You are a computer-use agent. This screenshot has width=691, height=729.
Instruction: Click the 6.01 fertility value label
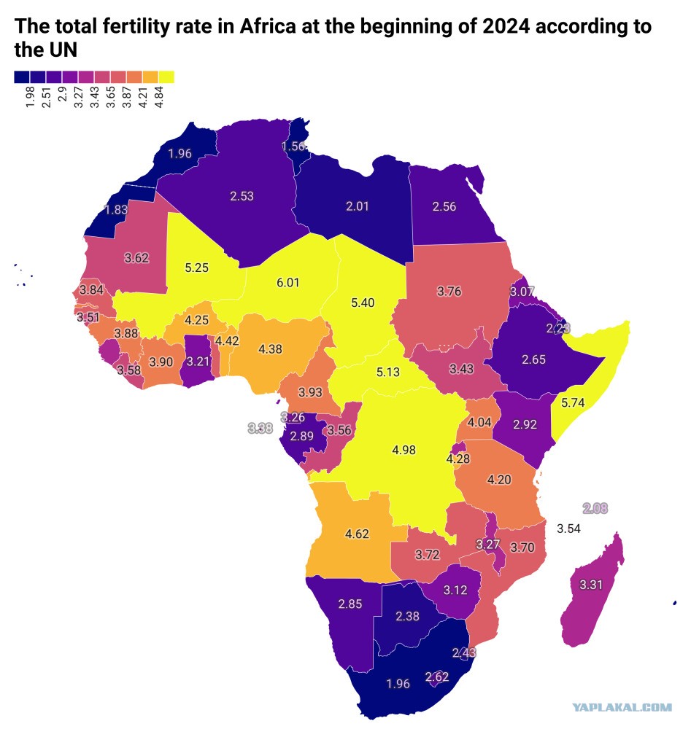point(288,283)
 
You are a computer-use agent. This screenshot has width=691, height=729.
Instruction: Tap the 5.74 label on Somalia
point(572,402)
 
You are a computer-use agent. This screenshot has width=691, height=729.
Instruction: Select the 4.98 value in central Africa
point(404,450)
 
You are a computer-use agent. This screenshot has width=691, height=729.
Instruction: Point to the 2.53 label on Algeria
point(242,196)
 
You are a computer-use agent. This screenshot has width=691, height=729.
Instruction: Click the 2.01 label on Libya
point(358,206)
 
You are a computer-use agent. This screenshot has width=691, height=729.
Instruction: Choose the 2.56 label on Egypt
point(444,206)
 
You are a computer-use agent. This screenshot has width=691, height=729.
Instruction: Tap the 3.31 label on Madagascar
point(591,585)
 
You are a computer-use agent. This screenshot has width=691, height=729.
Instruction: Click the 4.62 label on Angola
point(357,534)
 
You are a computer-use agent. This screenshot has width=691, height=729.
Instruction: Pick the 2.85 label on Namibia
point(350,604)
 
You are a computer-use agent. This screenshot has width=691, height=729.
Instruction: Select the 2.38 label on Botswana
point(408,616)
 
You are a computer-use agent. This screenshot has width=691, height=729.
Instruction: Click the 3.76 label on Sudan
point(449,292)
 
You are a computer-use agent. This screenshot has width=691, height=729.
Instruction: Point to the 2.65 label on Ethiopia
point(533,360)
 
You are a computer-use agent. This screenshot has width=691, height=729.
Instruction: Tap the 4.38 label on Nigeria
point(271,348)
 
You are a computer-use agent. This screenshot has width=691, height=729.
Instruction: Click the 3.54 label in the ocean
point(568,529)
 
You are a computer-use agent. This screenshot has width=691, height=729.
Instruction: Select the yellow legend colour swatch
point(166,77)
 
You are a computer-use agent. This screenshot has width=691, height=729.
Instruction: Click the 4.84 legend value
point(159,97)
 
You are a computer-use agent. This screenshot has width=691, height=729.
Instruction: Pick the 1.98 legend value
point(30,97)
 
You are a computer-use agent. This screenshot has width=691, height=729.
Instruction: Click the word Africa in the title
point(268,26)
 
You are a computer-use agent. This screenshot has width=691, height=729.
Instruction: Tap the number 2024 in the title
point(506,26)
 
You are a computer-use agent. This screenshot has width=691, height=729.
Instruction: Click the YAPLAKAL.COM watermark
point(622,708)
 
